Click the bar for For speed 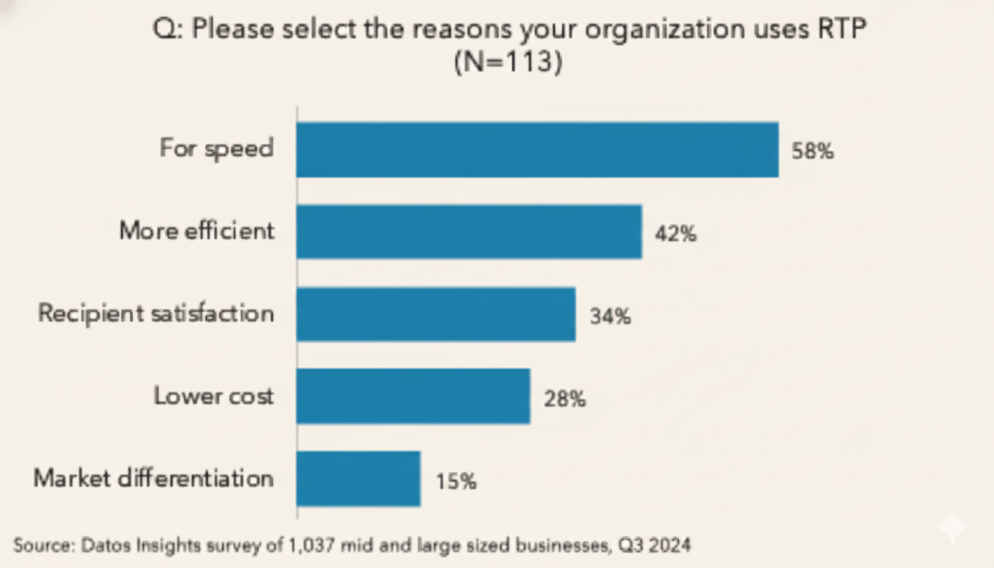coord(537,150)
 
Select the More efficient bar coord(469,232)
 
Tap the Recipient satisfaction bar coord(436,314)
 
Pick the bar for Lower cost coord(413,396)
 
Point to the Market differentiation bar coord(358,479)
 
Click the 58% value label coord(812,152)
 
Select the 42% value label coord(674,234)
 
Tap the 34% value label coord(610,317)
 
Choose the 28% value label coord(565,399)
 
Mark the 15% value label coord(456,482)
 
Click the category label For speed coord(216,149)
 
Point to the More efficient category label coord(197,231)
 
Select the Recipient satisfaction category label coord(156,314)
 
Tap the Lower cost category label coord(214,396)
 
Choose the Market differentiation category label coord(154,479)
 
